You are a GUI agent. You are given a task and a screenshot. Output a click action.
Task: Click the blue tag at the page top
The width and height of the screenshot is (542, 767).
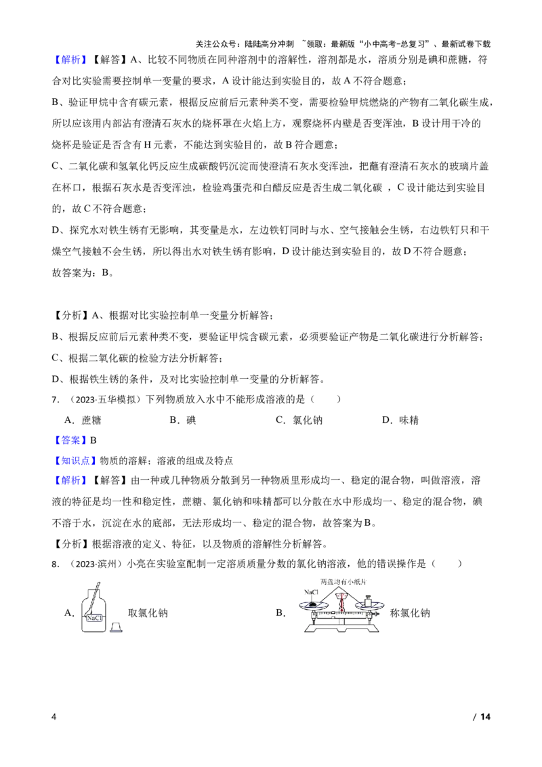70,60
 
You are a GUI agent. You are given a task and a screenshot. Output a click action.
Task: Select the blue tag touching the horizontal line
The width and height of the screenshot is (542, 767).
70,440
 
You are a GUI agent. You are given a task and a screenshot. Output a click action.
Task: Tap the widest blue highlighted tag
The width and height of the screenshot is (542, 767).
75,461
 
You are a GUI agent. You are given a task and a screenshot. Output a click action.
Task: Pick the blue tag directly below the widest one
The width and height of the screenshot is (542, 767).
70,480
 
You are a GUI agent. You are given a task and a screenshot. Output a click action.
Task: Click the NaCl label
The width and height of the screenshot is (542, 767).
94,618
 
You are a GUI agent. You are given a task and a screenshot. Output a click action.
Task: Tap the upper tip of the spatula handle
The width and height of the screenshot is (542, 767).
100,582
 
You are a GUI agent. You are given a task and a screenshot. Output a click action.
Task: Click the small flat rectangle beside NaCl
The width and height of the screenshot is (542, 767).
117,631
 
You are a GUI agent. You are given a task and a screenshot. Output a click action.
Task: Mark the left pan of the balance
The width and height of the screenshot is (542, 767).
314,604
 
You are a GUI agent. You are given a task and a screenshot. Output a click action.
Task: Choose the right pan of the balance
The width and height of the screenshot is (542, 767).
369,604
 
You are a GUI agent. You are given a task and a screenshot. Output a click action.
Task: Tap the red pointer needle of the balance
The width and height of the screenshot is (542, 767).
341,603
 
